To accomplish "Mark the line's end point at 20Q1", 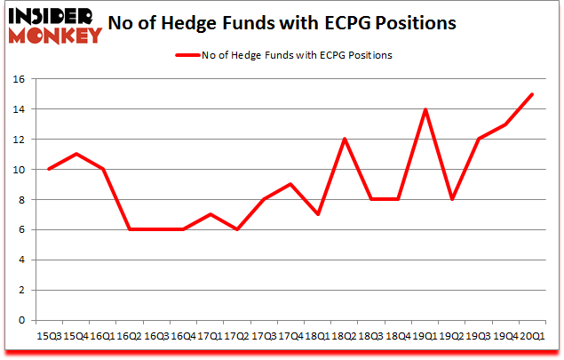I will (532, 94).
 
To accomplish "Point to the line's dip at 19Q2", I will (453, 200).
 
